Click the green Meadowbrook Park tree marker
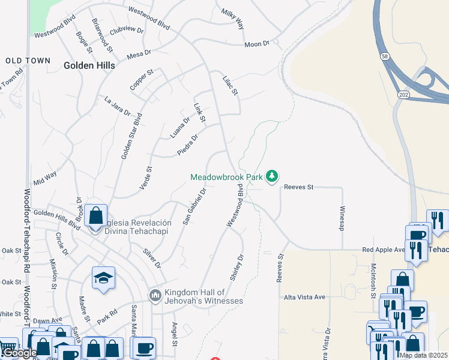click(273, 176)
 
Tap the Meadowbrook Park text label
click(226, 177)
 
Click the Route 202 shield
click(402, 94)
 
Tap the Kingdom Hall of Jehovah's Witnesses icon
click(155, 295)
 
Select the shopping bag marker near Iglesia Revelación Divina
click(95, 215)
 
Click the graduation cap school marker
click(104, 278)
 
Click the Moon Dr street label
click(258, 44)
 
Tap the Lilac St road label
click(231, 85)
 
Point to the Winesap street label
click(342, 219)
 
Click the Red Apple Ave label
click(385, 250)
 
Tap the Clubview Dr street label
click(127, 28)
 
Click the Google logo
click(20, 353)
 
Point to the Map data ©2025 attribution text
click(423, 355)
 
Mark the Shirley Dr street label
click(237, 267)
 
